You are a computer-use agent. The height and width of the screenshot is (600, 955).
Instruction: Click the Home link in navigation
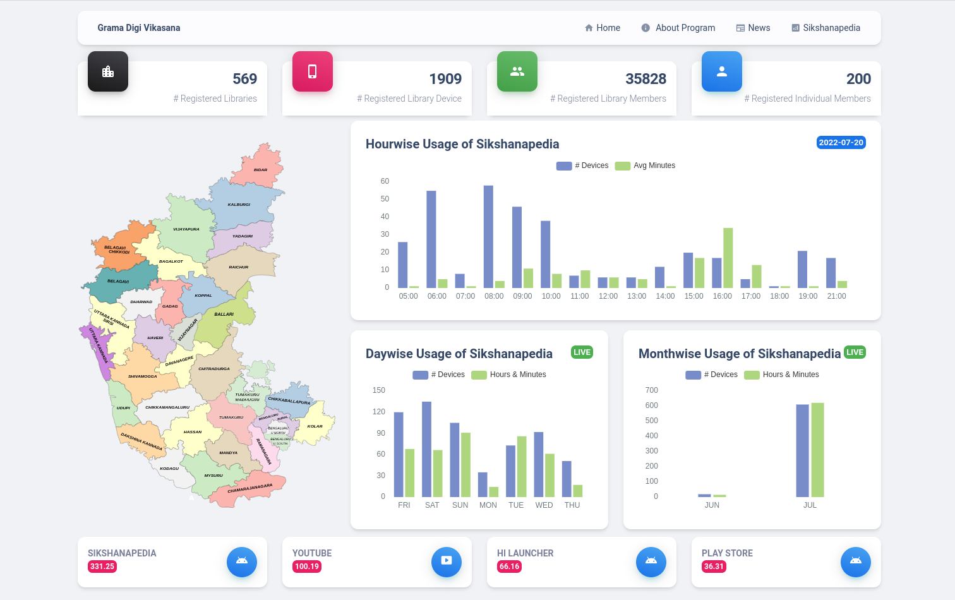pos(603,28)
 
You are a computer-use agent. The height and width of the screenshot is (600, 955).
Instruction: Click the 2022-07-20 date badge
pos(841,143)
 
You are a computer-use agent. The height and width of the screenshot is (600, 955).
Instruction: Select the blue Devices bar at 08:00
pos(488,237)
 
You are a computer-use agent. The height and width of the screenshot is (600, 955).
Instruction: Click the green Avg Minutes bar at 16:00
pos(728,258)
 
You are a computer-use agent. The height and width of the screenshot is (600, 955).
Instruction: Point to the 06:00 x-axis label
pos(436,296)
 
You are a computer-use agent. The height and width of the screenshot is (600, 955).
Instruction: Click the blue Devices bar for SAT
pos(427,449)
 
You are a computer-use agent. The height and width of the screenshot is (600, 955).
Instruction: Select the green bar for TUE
pos(522,466)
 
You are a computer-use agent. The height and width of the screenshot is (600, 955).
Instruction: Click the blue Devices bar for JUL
pos(802,450)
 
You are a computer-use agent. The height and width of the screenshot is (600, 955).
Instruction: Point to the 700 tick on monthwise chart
pos(652,390)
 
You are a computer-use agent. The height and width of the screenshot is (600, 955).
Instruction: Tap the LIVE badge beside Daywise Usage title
pos(582,352)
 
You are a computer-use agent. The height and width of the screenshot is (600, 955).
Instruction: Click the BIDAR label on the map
pos(260,170)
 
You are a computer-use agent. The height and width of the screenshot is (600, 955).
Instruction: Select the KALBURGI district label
pos(239,205)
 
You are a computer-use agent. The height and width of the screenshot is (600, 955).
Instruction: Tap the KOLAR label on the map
pos(315,426)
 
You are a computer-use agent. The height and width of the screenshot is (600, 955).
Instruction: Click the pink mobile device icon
pos(313,71)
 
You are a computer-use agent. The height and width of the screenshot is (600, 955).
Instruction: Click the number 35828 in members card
pos(646,79)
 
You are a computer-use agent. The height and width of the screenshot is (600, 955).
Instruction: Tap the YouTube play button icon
pos(447,561)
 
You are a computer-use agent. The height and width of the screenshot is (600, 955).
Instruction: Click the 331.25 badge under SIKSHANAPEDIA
pos(102,567)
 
